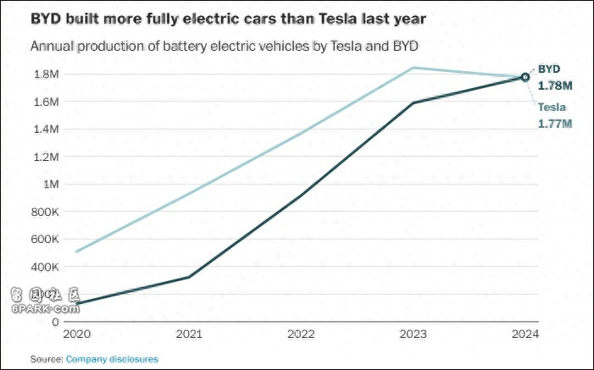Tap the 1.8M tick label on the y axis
click(x=46, y=74)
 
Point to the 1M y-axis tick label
click(x=51, y=184)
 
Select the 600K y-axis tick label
click(x=45, y=239)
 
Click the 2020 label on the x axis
click(x=75, y=334)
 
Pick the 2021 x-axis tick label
click(x=189, y=334)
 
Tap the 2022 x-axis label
click(x=301, y=334)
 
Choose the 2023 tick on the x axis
click(x=413, y=334)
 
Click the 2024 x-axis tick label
click(x=525, y=334)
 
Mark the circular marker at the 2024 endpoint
click(x=525, y=77)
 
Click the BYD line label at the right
click(x=549, y=69)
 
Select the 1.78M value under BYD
click(x=555, y=85)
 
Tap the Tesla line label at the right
click(x=552, y=108)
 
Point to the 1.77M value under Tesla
click(x=555, y=124)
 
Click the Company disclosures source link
click(x=112, y=359)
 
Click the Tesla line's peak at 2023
click(x=413, y=68)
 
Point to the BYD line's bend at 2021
click(x=189, y=277)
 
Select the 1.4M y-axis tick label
click(x=46, y=129)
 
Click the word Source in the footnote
click(x=46, y=359)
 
